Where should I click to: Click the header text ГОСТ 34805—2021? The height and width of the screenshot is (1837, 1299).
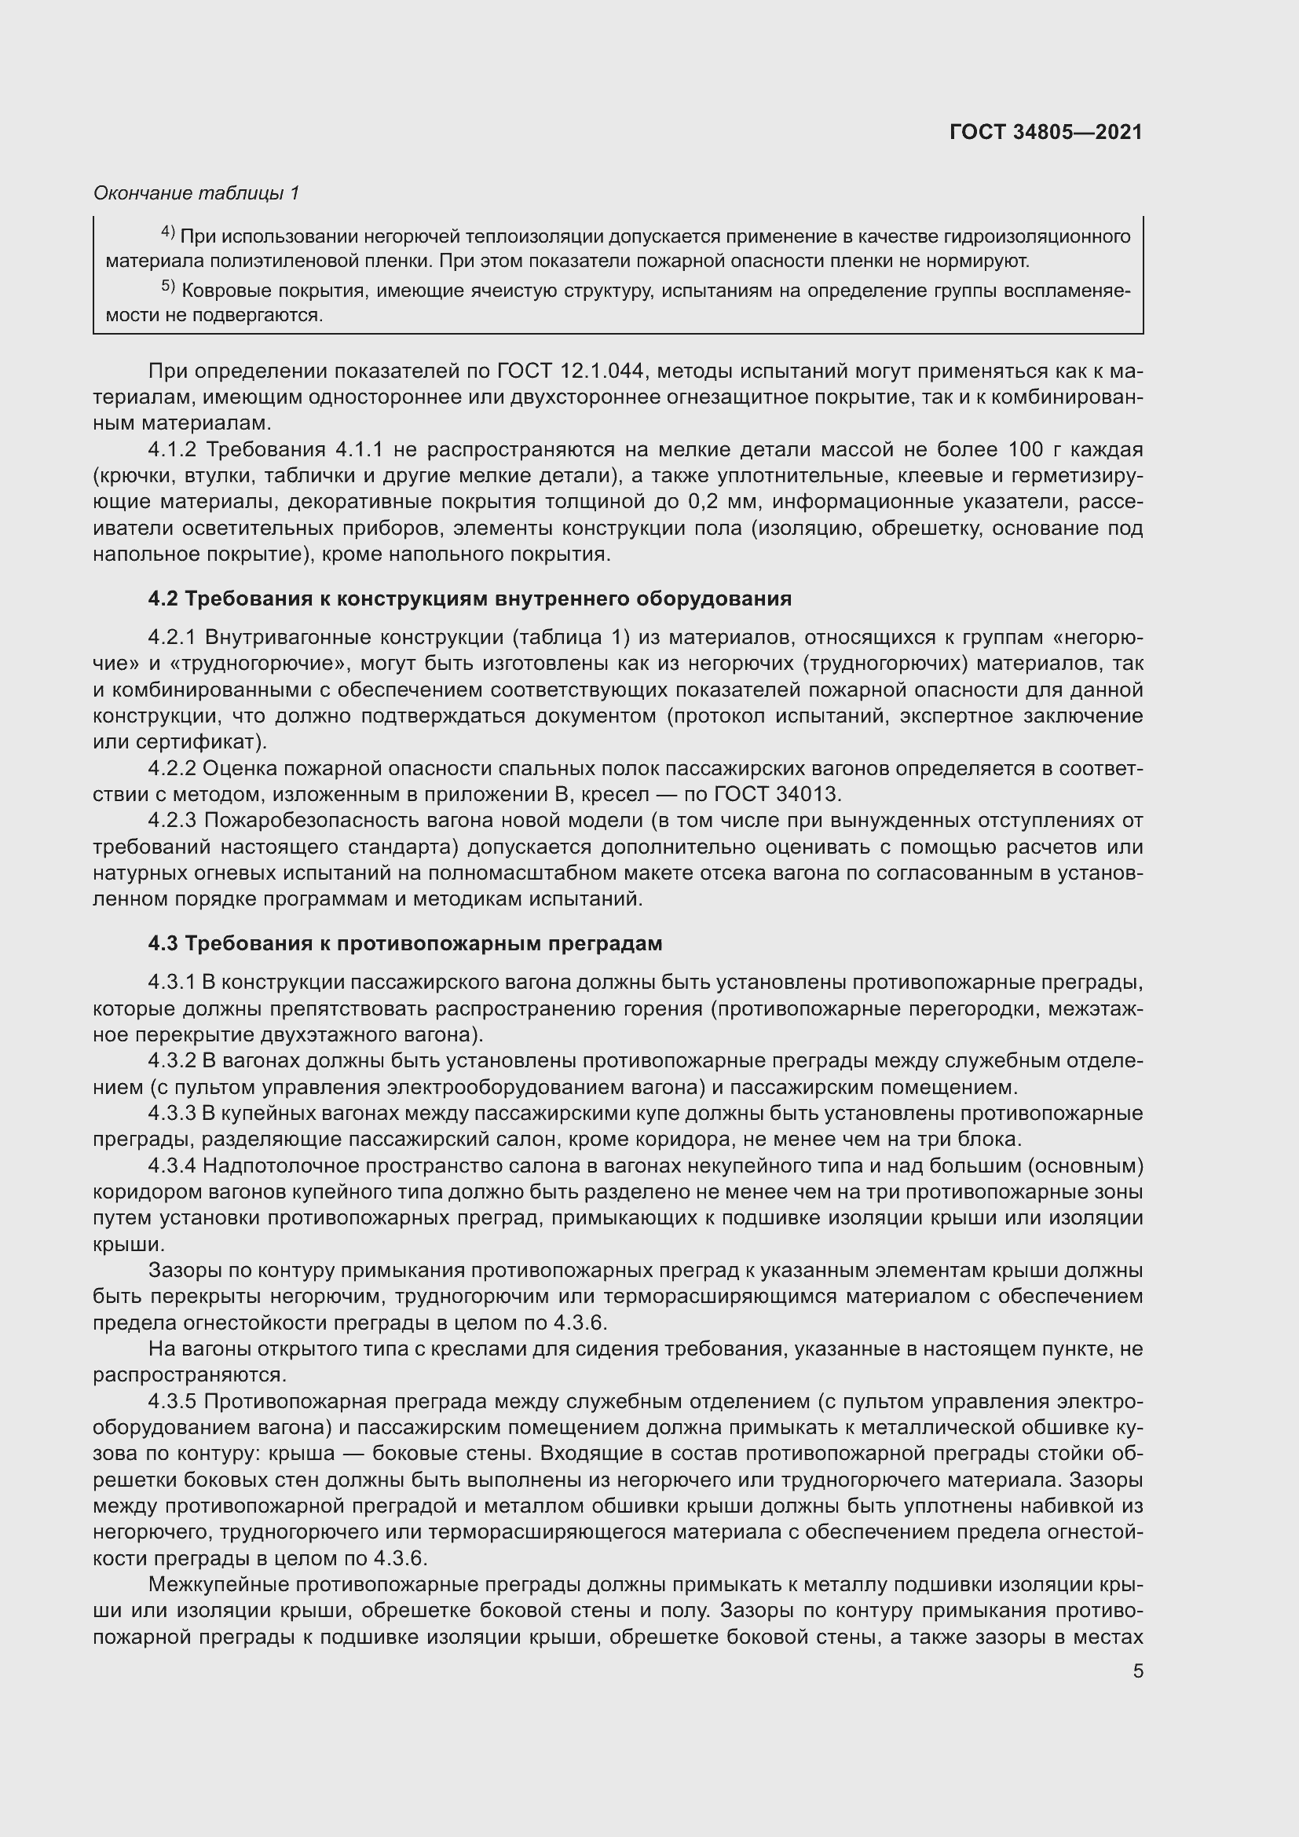(1045, 132)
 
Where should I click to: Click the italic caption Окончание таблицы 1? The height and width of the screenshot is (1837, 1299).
(196, 193)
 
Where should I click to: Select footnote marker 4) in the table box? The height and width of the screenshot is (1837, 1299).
(168, 232)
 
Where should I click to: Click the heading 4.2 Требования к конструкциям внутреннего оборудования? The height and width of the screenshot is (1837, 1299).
(470, 598)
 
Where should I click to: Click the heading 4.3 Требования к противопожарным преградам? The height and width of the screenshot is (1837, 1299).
(404, 943)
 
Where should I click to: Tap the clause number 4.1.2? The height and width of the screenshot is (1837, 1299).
(172, 450)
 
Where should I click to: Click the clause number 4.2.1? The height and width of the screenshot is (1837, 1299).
(172, 638)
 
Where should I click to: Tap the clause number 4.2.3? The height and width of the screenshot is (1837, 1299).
(172, 821)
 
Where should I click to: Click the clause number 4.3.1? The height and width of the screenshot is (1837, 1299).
(172, 983)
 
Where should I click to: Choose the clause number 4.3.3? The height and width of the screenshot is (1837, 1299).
(172, 1114)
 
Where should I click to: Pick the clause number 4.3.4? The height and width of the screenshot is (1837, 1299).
(172, 1166)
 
